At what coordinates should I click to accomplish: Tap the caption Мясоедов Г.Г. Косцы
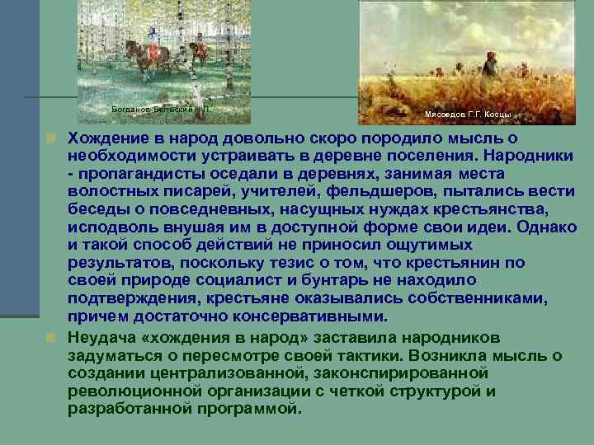point(468,114)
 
